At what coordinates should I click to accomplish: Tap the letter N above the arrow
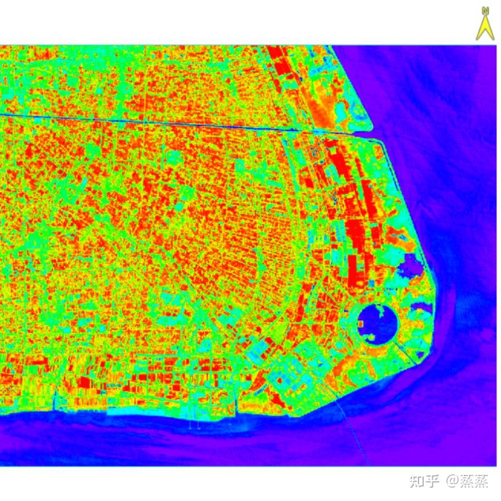pyautogui.click(x=485, y=10)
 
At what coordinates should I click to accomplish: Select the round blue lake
pyautogui.click(x=377, y=320)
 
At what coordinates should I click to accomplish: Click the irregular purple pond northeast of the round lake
pyautogui.click(x=411, y=267)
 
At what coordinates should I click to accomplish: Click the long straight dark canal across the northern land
pyautogui.click(x=145, y=121)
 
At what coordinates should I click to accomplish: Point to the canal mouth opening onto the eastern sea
pyautogui.click(x=373, y=134)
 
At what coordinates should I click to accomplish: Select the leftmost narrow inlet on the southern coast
pyautogui.click(x=55, y=401)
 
